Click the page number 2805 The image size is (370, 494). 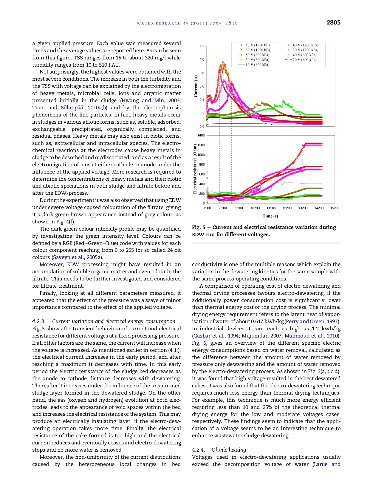[333, 22]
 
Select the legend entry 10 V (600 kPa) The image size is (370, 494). [257, 65]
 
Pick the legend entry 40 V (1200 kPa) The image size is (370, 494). [305, 45]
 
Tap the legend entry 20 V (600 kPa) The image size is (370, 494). [304, 60]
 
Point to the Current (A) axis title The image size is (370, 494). [196, 86]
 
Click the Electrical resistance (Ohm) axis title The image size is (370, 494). [195, 169]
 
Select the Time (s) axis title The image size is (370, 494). [270, 216]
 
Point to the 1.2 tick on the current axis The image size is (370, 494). [202, 46]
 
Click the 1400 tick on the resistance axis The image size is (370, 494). [201, 135]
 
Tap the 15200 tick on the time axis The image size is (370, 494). [335, 208]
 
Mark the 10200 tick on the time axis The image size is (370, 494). [255, 208]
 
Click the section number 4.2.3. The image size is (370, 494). [39, 321]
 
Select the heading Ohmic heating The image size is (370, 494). [229, 450]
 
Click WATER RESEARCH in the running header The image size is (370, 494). [159, 23]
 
